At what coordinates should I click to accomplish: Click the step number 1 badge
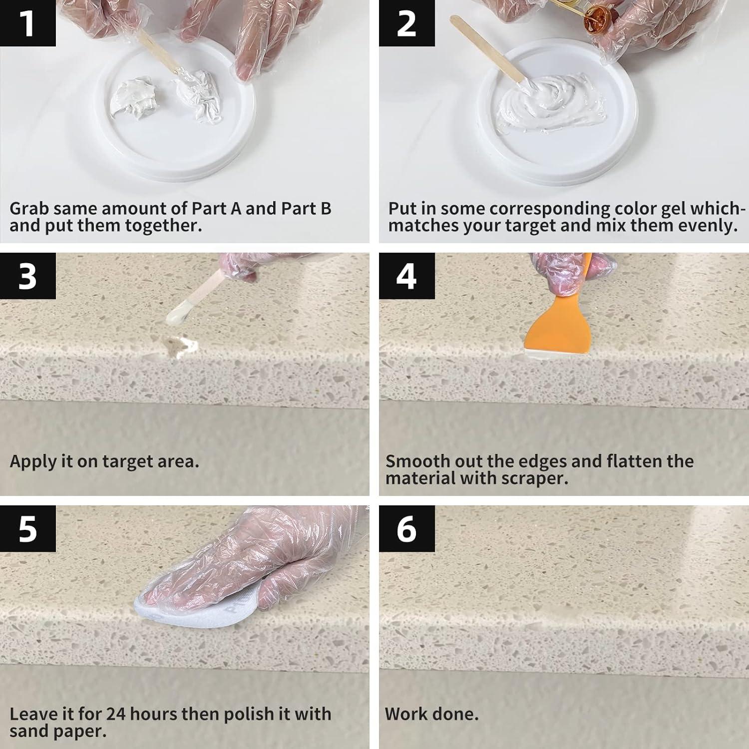coord(27,23)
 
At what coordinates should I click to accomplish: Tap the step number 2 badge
coord(406,23)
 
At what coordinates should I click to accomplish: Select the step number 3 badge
coord(27,276)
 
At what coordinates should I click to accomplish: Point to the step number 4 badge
coord(406,276)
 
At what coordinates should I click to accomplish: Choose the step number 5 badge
coord(27,528)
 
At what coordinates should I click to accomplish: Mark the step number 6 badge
coord(406,528)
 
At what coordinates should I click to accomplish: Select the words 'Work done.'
coord(431,714)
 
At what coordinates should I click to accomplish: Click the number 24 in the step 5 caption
coord(116,714)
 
